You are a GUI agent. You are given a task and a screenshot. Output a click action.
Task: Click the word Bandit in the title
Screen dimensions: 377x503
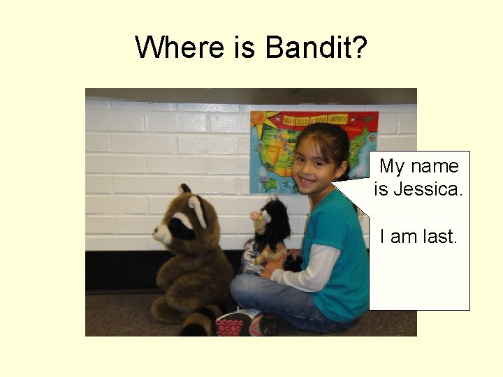coord(316,47)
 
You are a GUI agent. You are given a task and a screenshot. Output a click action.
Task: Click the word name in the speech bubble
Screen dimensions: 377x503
coord(435,166)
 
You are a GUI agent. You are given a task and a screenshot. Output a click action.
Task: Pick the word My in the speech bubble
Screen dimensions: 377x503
coord(392,166)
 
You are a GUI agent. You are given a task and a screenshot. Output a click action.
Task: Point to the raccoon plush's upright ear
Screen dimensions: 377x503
coord(184,189)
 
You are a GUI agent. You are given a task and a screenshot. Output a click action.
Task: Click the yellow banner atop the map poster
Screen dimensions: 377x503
coord(314,118)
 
